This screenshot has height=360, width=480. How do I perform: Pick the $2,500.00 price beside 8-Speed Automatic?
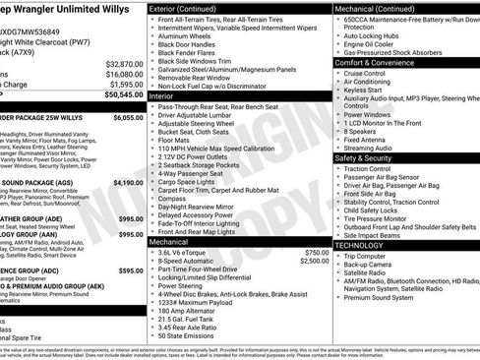pyautogui.click(x=314, y=261)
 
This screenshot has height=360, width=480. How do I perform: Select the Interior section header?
pyautogui.click(x=162, y=97)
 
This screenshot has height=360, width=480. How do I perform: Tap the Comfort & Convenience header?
pyautogui.click(x=373, y=62)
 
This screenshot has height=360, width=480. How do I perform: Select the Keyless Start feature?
pyautogui.click(x=366, y=90)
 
